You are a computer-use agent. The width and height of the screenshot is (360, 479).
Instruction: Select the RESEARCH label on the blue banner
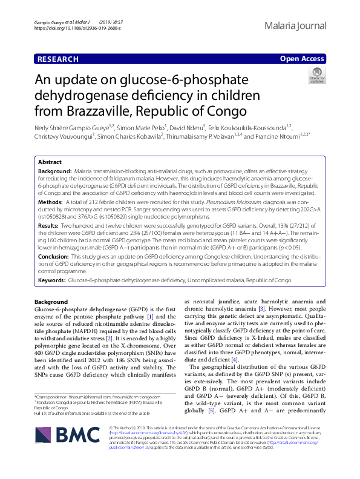57,59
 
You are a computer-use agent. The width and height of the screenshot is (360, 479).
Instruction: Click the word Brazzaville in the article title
93,111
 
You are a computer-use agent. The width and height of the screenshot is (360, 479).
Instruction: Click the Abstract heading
50,163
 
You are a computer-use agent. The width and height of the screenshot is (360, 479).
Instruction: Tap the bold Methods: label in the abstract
50,201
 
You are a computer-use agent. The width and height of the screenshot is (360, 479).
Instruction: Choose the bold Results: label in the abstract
49,225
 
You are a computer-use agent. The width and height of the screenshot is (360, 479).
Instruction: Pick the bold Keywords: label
52,281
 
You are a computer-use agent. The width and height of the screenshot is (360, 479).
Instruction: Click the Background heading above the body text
51,302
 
